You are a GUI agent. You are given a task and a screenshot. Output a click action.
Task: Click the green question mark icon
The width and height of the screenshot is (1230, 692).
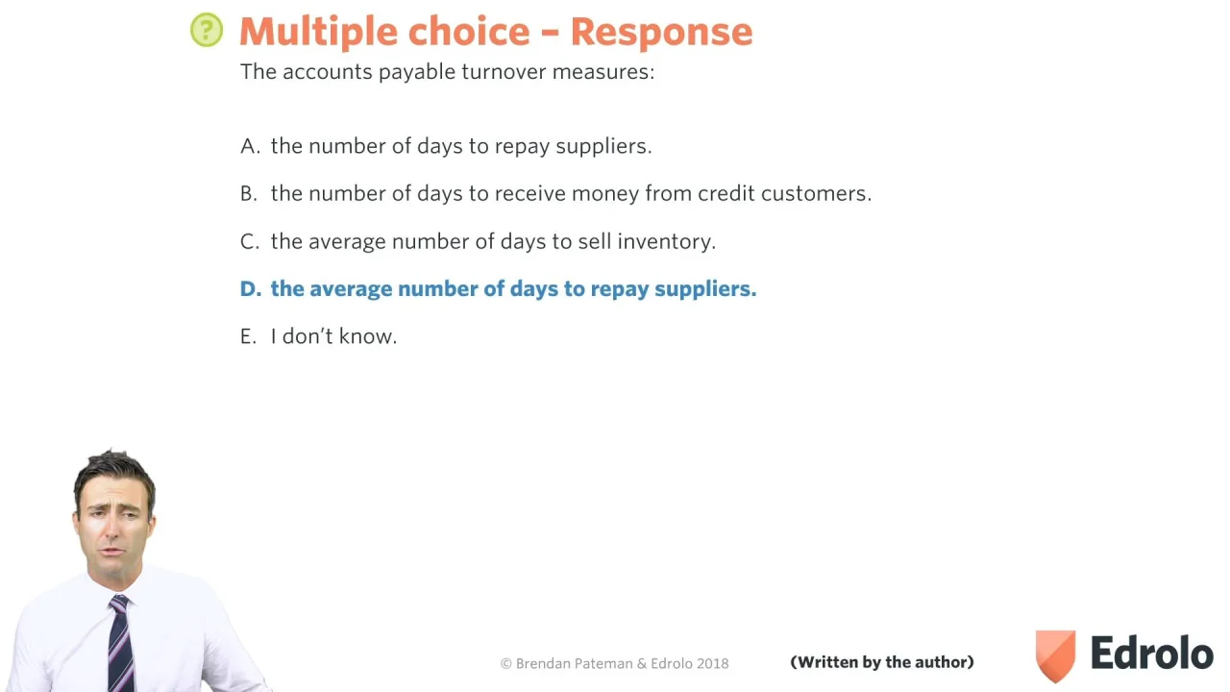pyautogui.click(x=207, y=30)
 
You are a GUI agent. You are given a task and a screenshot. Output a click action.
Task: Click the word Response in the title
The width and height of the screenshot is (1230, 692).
pyautogui.click(x=661, y=32)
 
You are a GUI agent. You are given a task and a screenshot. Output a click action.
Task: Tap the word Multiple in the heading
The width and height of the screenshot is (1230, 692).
pyautogui.click(x=318, y=32)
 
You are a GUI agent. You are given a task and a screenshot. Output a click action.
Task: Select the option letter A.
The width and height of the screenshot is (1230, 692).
pyautogui.click(x=250, y=146)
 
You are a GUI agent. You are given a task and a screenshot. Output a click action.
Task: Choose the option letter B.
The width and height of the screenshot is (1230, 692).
pyautogui.click(x=249, y=193)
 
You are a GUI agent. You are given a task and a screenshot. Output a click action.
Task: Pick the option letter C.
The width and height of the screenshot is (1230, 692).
pyautogui.click(x=249, y=241)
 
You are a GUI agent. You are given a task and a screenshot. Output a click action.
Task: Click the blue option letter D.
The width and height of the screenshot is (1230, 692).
pyautogui.click(x=251, y=289)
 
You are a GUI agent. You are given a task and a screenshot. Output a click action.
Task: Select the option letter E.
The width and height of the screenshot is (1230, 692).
pyautogui.click(x=248, y=336)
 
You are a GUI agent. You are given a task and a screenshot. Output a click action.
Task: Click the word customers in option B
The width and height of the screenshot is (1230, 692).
pyautogui.click(x=816, y=193)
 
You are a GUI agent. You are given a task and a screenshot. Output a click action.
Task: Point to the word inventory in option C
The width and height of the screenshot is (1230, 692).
pyautogui.click(x=667, y=241)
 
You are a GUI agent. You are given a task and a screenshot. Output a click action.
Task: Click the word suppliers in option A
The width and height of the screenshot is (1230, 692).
pyautogui.click(x=603, y=147)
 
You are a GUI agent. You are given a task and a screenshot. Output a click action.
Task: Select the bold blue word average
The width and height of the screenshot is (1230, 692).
pyautogui.click(x=351, y=289)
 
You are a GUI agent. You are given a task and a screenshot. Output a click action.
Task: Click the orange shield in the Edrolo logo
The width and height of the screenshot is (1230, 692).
pyautogui.click(x=1055, y=655)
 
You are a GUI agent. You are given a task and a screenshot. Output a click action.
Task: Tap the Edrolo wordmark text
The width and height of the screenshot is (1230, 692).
pyautogui.click(x=1152, y=653)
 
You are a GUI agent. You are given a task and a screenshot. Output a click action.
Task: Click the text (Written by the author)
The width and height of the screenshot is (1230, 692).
pyautogui.click(x=882, y=662)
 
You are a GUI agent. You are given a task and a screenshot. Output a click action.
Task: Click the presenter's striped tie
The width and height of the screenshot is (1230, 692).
pyautogui.click(x=121, y=644)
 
